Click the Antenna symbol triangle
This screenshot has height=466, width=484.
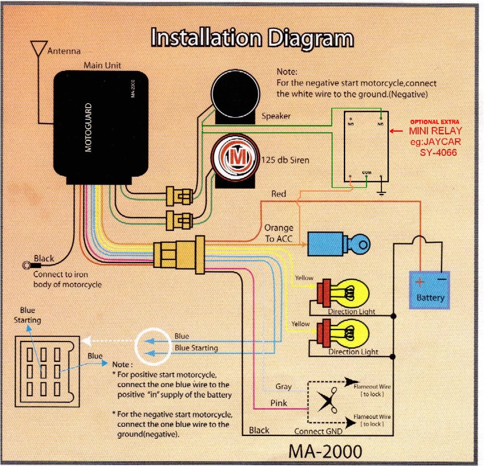click(39, 47)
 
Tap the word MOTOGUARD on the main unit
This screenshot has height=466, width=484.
click(89, 128)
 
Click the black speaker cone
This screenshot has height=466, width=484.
click(230, 91)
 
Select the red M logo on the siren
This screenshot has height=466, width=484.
click(234, 157)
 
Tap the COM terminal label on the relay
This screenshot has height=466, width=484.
click(367, 172)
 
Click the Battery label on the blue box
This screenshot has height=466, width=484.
click(430, 298)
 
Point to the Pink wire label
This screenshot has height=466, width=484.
click(278, 403)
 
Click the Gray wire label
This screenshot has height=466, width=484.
click(283, 387)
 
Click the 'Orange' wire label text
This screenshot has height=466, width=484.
click(279, 228)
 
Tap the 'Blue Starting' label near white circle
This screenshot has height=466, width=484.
click(196, 348)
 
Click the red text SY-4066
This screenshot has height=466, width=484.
click(438, 152)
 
